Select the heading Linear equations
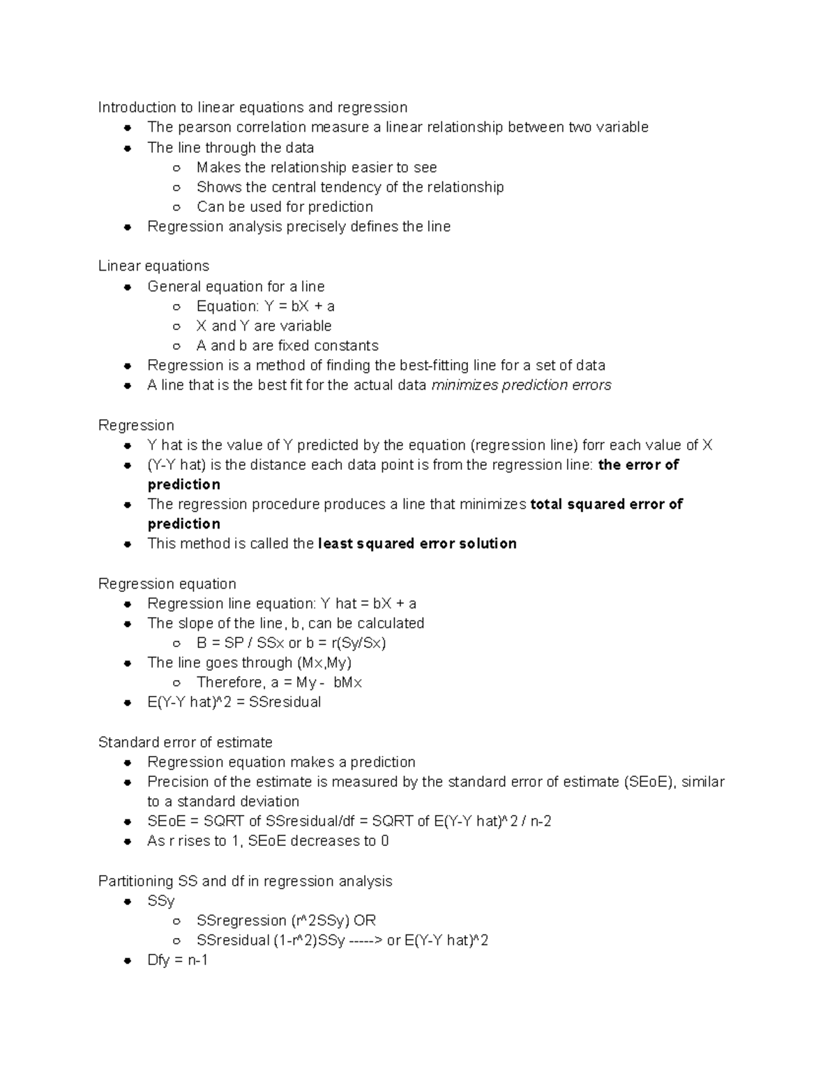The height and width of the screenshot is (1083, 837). pyautogui.click(x=153, y=266)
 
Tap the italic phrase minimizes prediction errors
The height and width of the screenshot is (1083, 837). pyautogui.click(x=521, y=386)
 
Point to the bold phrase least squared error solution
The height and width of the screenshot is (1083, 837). pyautogui.click(x=417, y=544)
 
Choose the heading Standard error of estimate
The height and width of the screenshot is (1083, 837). pyautogui.click(x=185, y=743)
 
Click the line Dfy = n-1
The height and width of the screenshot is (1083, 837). pyautogui.click(x=177, y=960)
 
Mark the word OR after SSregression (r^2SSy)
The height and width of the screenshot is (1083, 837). pyautogui.click(x=365, y=921)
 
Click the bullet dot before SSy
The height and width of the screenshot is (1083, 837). pyautogui.click(x=128, y=902)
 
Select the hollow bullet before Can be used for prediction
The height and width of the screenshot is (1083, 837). pyautogui.click(x=177, y=207)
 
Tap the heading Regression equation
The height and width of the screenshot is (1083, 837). pyautogui.click(x=167, y=584)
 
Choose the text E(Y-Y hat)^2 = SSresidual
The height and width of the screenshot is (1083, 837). pyautogui.click(x=234, y=702)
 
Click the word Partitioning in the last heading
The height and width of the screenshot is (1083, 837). pyautogui.click(x=135, y=881)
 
